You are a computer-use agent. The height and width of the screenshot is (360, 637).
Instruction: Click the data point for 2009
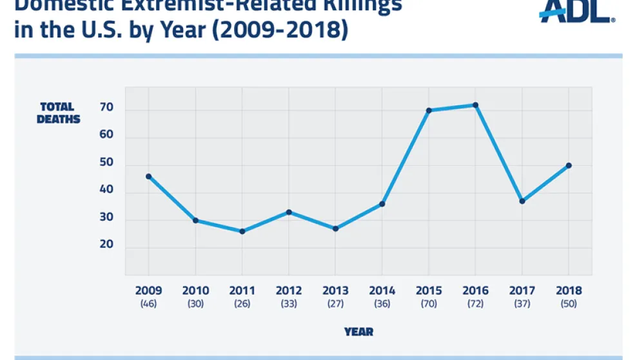(x=149, y=176)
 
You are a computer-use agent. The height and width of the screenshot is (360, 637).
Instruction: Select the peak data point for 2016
(x=475, y=105)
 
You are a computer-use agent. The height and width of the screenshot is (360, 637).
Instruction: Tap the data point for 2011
(x=242, y=231)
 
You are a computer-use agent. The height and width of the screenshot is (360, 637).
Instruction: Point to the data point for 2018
(x=568, y=165)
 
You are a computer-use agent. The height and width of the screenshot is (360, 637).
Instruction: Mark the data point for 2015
(x=429, y=110)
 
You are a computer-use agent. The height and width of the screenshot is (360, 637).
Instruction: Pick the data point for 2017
(x=522, y=201)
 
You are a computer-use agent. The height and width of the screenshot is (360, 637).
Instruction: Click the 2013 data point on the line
(x=335, y=228)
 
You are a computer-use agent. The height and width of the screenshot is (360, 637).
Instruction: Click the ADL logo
(x=576, y=11)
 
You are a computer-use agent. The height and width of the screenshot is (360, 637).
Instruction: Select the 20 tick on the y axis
(x=106, y=245)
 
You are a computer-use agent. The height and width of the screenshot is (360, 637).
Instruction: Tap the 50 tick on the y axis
(x=106, y=163)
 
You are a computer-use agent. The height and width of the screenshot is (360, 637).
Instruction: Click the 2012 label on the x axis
(x=288, y=291)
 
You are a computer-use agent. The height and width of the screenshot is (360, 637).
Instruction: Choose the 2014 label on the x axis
(x=382, y=291)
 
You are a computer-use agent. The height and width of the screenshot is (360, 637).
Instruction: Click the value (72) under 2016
(x=475, y=303)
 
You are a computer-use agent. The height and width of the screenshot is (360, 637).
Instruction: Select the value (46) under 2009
(x=149, y=303)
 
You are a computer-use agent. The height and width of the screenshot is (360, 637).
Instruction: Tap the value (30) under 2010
(x=195, y=303)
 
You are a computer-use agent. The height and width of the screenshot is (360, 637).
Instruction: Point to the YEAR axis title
(x=358, y=332)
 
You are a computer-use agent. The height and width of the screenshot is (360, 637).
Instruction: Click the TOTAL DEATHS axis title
(x=59, y=113)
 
